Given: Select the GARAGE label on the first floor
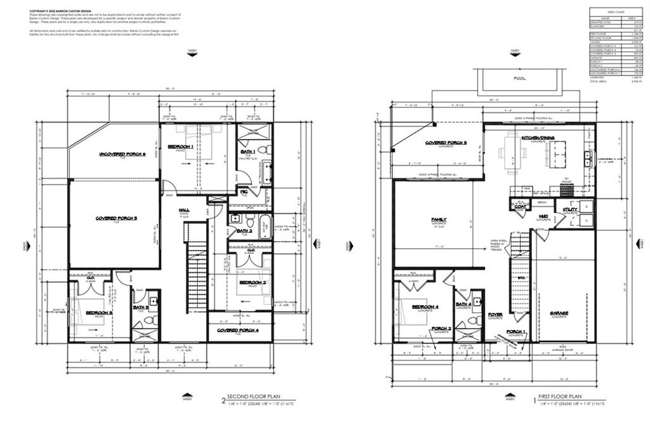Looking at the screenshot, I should [559, 313].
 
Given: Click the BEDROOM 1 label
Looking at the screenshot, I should [181, 147].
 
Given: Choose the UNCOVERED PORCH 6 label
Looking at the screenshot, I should [123, 154].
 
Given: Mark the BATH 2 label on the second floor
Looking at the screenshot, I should [244, 231].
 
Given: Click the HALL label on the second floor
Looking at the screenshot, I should [184, 210].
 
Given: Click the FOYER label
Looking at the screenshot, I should [495, 314].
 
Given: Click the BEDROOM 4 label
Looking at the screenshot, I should [425, 307].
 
